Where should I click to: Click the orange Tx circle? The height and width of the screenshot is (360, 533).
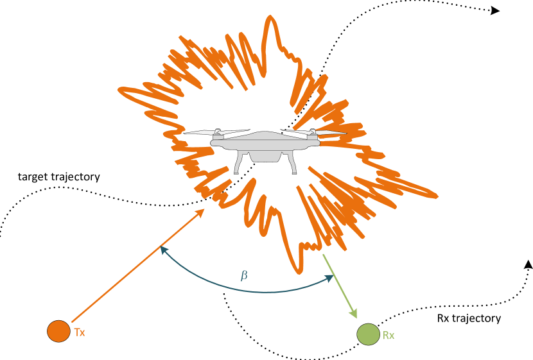point(58,331)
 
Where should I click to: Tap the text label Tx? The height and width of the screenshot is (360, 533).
point(80,332)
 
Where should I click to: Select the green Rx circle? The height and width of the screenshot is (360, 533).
point(368,334)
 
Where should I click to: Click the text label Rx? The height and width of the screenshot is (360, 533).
point(389,336)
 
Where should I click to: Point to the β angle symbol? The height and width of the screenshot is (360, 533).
point(244,275)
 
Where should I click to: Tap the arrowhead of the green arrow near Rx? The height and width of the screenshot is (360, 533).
point(354,314)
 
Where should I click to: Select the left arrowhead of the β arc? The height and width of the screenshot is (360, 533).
point(163,249)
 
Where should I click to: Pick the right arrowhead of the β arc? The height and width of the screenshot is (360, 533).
point(330,278)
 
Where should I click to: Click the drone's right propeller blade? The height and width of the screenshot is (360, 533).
point(330,132)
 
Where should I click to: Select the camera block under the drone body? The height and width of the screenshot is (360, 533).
point(265,156)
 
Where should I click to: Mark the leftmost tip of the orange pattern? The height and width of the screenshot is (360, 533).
point(119,90)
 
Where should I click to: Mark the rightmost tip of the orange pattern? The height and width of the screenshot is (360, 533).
point(437,195)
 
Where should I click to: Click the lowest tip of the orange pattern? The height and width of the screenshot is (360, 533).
point(299,272)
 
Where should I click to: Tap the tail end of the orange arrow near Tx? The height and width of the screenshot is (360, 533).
point(72,321)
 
